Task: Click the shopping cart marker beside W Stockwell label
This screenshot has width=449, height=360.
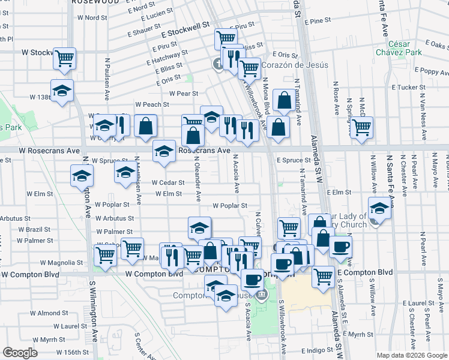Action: click(x=64, y=58)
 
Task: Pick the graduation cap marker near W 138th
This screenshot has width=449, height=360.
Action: click(x=62, y=91)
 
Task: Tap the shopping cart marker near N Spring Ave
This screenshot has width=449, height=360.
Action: click(x=361, y=127)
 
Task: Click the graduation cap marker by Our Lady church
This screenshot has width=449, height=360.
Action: click(x=379, y=208)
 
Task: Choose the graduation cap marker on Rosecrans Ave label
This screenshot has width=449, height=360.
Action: click(x=164, y=151)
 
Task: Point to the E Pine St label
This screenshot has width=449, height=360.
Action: click(x=318, y=21)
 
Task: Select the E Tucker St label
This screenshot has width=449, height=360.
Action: click(x=408, y=87)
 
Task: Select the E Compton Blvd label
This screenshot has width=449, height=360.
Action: click(x=364, y=272)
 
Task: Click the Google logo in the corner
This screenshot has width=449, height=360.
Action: click(x=20, y=353)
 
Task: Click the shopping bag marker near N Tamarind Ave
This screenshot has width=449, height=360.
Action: click(x=283, y=100)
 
